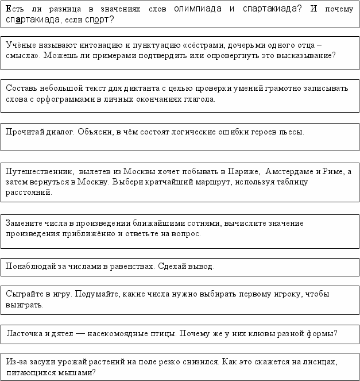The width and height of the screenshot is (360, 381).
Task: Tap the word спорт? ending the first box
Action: coord(99,19)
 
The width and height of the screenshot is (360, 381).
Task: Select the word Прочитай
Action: coord(23,132)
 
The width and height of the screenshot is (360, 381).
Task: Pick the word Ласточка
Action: coord(26,333)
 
